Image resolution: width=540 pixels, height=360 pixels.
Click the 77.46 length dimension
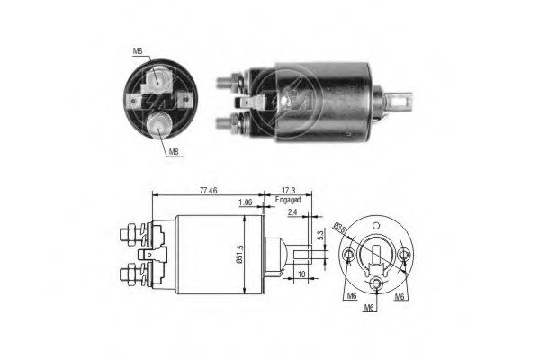coord(207,191)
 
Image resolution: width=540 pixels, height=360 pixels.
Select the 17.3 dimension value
coord(288,191)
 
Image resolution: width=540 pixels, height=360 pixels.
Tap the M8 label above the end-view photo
coord(138,52)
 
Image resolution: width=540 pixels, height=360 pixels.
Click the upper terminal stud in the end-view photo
coord(159,79)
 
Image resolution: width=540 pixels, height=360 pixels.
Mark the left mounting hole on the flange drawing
coord(349,257)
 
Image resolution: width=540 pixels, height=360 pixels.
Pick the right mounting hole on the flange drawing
coord(404,257)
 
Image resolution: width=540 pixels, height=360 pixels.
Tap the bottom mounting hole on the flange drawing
coord(377,288)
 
